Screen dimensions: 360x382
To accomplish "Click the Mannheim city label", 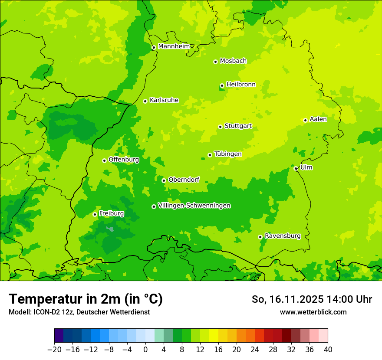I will pos(174,46).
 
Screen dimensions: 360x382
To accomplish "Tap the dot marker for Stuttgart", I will pos(220,127).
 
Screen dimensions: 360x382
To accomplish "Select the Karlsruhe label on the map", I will pos(164,100).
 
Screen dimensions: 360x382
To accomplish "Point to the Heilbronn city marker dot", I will pos(222,85).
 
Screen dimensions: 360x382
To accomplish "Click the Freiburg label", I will pos(111,213).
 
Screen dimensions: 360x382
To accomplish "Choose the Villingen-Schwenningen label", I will pos(194,206).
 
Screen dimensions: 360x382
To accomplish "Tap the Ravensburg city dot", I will pos(260,237).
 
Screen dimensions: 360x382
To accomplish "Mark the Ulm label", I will pos(306,167).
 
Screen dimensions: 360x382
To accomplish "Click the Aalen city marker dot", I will pos(305,120).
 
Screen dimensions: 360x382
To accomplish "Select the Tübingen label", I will pos(228,154).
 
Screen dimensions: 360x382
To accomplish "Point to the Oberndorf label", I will pos(184,180).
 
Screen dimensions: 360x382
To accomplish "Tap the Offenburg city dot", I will pos(104,160).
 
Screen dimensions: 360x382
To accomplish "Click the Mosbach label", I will pos(233,61).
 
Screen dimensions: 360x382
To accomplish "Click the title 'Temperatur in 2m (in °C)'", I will pos(86,299).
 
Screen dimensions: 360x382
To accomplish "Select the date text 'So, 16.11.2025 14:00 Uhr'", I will pos(312,299).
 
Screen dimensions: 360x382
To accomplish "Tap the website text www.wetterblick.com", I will pos(313,312).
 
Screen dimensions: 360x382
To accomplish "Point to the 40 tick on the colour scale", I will pos(328,350).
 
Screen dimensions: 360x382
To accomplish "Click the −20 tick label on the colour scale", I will pos(54,350).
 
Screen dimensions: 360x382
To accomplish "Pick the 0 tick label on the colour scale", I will pos(145,350).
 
